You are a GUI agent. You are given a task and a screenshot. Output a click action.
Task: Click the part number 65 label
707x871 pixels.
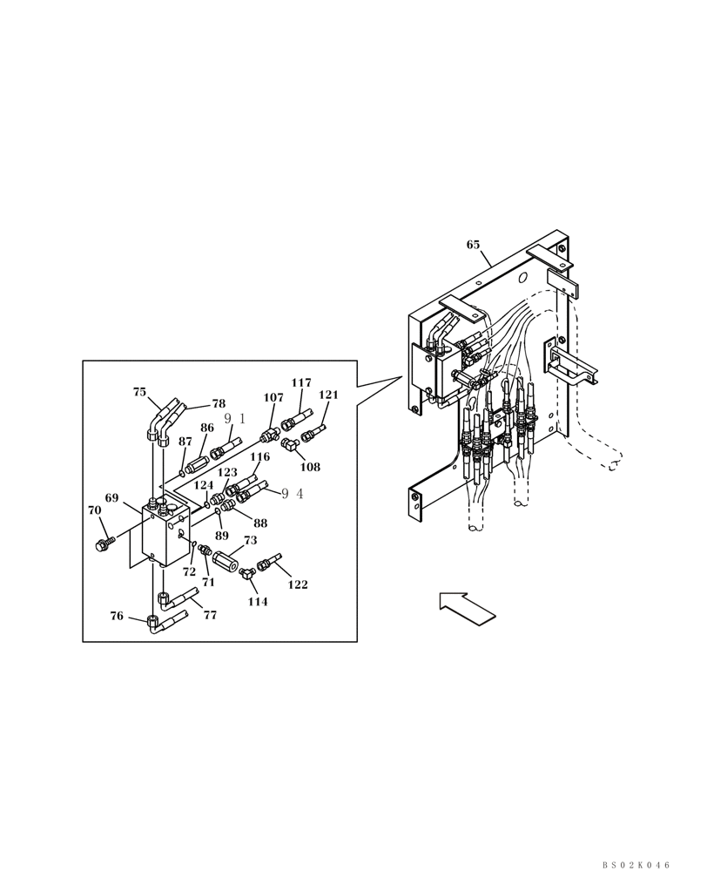click(473, 245)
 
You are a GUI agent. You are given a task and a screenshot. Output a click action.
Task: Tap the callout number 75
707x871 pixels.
click(139, 392)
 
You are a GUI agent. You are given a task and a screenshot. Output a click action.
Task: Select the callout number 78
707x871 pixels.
click(219, 404)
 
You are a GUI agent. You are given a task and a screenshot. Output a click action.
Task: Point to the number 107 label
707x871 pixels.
click(273, 398)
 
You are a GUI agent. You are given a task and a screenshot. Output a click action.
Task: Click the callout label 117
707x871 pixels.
click(301, 383)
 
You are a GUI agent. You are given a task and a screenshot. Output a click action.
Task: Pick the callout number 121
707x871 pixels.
click(328, 395)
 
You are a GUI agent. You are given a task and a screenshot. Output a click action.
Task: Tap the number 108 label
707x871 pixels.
click(310, 467)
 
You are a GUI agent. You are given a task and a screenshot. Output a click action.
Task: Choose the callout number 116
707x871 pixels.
click(260, 457)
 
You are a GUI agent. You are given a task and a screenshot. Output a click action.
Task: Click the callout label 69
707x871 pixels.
click(111, 498)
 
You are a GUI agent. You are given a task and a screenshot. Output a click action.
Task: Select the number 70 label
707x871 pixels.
click(94, 510)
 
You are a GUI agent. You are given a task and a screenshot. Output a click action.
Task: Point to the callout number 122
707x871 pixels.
click(298, 584)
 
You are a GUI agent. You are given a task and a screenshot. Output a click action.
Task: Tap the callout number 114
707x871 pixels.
click(258, 602)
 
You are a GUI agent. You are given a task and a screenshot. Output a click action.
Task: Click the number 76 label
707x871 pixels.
click(117, 616)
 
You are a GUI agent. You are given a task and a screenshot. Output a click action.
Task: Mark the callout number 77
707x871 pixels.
click(210, 615)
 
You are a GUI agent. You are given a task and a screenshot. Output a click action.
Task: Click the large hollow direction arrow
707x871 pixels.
click(467, 608)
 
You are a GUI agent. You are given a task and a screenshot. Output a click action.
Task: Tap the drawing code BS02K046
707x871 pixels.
click(636, 864)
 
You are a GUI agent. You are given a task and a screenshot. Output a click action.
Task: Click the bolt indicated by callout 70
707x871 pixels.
click(103, 545)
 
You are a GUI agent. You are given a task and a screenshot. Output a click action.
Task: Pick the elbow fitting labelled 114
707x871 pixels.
click(247, 572)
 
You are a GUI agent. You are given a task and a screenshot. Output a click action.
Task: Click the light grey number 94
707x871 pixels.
click(293, 494)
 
